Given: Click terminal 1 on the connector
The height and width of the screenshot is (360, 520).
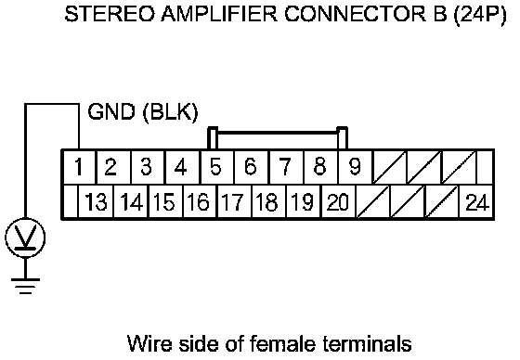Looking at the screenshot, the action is tap(79, 167).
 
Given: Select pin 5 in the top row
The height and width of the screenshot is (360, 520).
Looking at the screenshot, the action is tap(216, 167).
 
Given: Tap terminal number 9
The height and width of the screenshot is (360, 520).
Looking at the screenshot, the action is tap(355, 167).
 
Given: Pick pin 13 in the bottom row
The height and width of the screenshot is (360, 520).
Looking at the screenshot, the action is tap(96, 201).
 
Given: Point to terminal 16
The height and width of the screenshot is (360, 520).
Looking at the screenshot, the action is tap(199, 201).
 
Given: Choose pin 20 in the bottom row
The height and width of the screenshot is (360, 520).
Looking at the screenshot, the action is tap(338, 201).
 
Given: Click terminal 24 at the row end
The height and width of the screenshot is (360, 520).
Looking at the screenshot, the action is tap(476, 201).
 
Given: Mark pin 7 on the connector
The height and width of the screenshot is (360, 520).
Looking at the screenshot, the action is tap(286, 167).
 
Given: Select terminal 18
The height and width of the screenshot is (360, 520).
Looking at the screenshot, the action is tap(268, 201).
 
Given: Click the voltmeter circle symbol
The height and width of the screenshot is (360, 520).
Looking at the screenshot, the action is tap(25, 238).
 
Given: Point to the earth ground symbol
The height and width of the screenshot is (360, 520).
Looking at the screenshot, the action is tap(25, 287).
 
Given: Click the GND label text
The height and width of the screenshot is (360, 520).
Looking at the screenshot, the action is tap(111, 111).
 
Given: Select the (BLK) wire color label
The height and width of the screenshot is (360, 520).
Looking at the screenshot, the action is tap(171, 112).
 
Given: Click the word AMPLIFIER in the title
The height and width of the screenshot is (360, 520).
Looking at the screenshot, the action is tap(219, 14).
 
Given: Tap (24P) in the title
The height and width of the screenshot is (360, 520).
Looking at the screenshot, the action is tap(480, 14).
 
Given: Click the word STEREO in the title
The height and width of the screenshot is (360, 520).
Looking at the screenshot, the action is tap(110, 14).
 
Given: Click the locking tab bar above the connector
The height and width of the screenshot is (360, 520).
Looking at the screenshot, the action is tap(278, 133).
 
